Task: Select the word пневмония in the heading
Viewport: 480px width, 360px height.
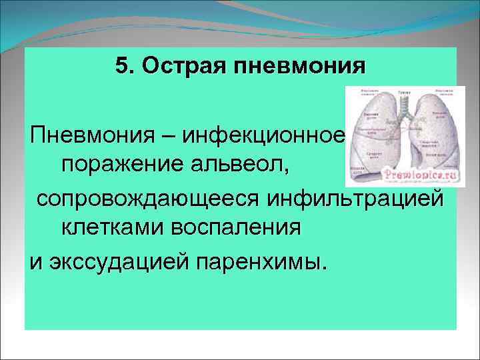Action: click(x=301, y=67)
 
